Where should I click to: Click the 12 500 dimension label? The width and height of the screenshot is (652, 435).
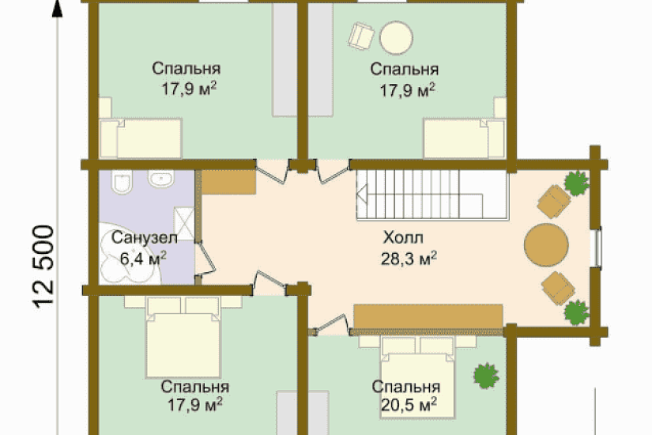tap(43, 267)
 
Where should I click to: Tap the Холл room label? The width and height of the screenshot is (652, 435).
tap(403, 238)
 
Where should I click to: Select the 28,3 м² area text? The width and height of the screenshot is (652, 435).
tap(409, 259)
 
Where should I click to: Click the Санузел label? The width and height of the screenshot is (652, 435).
tap(145, 238)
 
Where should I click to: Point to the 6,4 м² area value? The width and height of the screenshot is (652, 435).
tap(143, 259)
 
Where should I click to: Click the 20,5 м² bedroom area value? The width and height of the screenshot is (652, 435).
tap(409, 404)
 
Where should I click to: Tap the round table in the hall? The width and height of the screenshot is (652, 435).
tap(546, 245)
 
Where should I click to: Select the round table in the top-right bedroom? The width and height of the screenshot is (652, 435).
tap(396, 37)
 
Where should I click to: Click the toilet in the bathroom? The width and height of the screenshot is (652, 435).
tap(122, 183)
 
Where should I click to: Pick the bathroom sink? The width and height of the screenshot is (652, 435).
tap(160, 180)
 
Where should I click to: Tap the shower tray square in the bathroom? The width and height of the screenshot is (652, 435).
tap(184, 223)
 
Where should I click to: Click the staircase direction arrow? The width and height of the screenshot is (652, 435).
tap(362, 195)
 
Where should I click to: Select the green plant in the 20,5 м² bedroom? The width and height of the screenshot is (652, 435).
tap(486, 376)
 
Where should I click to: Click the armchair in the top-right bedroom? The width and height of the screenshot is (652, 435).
tap(360, 36)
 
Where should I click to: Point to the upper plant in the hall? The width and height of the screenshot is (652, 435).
tap(576, 183)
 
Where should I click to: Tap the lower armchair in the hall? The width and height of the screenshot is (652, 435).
tap(559, 288)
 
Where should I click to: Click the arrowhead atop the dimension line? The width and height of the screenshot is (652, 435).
tap(57, 9)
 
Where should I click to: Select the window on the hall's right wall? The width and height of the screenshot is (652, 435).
tap(597, 247)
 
